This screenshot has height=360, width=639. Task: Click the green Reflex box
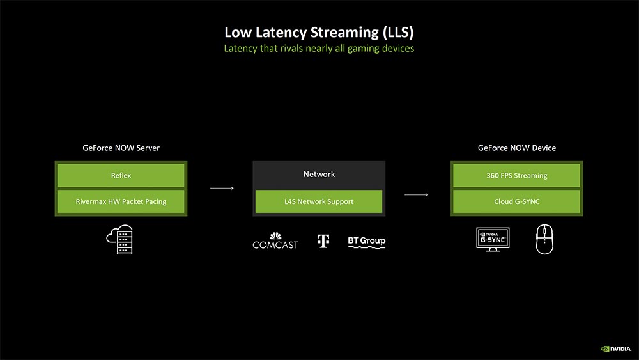pyautogui.click(x=121, y=175)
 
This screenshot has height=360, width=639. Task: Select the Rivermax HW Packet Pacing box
pyautogui.click(x=121, y=201)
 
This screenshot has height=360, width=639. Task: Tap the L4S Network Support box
pyautogui.click(x=319, y=201)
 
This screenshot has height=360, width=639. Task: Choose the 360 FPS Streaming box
pyautogui.click(x=517, y=175)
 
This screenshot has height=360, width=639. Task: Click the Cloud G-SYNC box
pyautogui.click(x=517, y=201)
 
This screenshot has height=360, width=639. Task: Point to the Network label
pyautogui.click(x=319, y=174)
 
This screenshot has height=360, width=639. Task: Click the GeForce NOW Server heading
pyautogui.click(x=121, y=148)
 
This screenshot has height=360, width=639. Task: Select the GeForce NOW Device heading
pyautogui.click(x=517, y=148)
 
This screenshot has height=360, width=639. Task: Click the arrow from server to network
pyautogui.click(x=222, y=188)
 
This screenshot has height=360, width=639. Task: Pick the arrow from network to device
pyautogui.click(x=416, y=195)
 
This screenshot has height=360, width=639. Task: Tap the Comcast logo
pyautogui.click(x=275, y=240)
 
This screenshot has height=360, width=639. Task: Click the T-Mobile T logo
pyautogui.click(x=323, y=241)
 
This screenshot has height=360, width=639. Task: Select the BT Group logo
pyautogui.click(x=366, y=242)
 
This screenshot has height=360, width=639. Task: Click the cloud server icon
pyautogui.click(x=120, y=239)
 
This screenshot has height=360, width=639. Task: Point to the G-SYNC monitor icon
pyautogui.click(x=493, y=239)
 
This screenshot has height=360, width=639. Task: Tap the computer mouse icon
pyautogui.click(x=544, y=239)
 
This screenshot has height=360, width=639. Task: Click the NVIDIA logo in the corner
pyautogui.click(x=615, y=349)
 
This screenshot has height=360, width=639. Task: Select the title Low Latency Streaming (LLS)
pyautogui.click(x=319, y=32)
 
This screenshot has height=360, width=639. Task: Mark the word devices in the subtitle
pyautogui.click(x=397, y=48)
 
